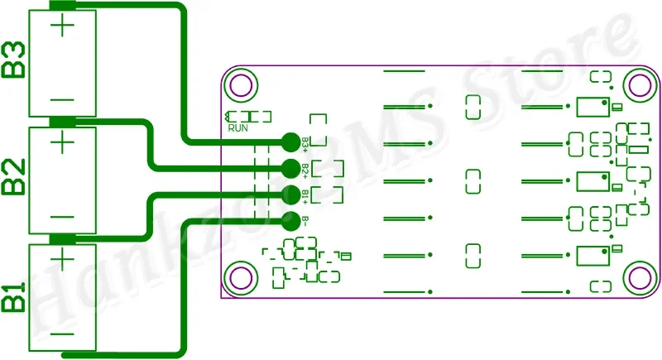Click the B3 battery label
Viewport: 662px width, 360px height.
14,60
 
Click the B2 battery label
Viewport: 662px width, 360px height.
14,177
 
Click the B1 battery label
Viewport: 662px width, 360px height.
14,296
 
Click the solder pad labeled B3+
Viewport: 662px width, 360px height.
290,142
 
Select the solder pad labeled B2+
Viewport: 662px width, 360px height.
290,168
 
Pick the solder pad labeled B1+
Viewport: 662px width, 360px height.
290,194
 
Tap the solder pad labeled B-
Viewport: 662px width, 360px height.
290,221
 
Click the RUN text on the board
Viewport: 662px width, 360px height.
237,128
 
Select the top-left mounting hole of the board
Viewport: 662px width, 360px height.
242,84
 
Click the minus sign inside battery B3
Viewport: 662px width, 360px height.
63,99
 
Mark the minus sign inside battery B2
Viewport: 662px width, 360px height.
63,217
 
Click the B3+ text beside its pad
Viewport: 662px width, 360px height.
305,143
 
